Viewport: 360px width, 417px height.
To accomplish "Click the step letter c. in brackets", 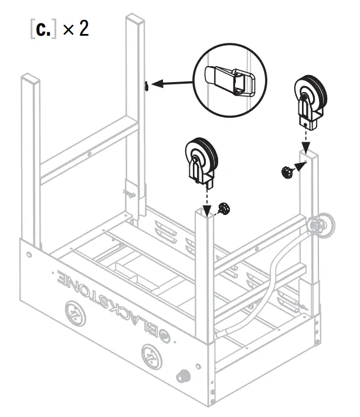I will click(x=42, y=29).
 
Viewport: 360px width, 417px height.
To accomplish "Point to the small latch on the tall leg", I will click(x=144, y=86).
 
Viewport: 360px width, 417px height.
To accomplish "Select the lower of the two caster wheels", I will click(x=201, y=160).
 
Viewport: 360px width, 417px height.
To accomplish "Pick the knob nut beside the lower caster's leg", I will click(x=223, y=208).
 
